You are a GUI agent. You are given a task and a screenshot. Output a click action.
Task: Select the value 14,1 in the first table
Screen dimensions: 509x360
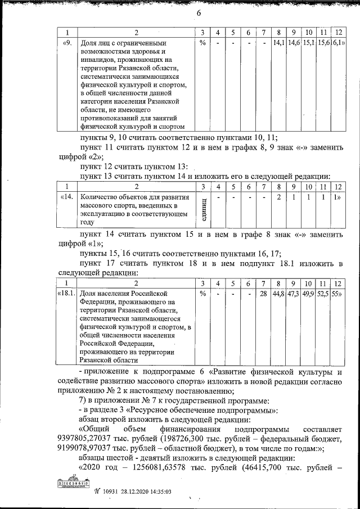pos(278,42)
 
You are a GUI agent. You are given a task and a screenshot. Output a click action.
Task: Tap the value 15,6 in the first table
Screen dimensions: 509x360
pos(324,42)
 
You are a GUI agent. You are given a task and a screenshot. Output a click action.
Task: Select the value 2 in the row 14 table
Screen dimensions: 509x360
pos(278,197)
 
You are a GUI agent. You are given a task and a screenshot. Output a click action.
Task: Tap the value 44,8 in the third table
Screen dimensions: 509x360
pos(278,293)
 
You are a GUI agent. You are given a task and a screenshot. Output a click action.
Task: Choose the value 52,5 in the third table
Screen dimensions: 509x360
pos(324,293)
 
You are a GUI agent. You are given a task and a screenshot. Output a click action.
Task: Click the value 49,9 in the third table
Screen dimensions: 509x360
pos(309,293)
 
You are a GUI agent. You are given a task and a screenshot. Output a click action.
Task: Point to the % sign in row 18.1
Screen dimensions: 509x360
pos(202,293)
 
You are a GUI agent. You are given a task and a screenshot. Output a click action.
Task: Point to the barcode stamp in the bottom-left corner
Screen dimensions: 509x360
pos(75,484)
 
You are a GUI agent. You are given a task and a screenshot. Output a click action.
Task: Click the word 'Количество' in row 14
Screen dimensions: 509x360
pos(100,197)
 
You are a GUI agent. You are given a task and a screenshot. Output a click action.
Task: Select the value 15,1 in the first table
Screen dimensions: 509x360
pos(309,42)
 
